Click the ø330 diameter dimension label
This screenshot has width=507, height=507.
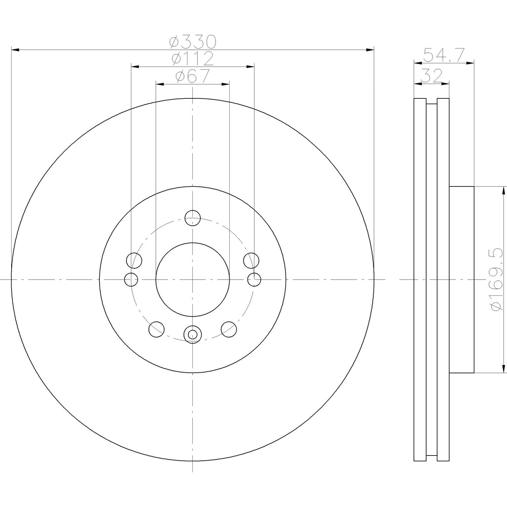[x=193, y=42]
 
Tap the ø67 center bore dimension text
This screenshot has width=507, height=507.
[x=193, y=77]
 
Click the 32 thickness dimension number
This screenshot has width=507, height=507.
[x=431, y=76]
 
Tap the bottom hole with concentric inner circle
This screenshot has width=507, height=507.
[x=192, y=335]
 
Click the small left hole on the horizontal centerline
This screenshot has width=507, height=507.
[x=131, y=280]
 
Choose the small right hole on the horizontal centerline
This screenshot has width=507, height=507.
[x=254, y=280]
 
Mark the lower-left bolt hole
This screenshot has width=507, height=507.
[x=156, y=329]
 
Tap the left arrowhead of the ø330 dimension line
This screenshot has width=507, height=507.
[x=15, y=50]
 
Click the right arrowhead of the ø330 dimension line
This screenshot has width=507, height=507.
[x=370, y=50]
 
